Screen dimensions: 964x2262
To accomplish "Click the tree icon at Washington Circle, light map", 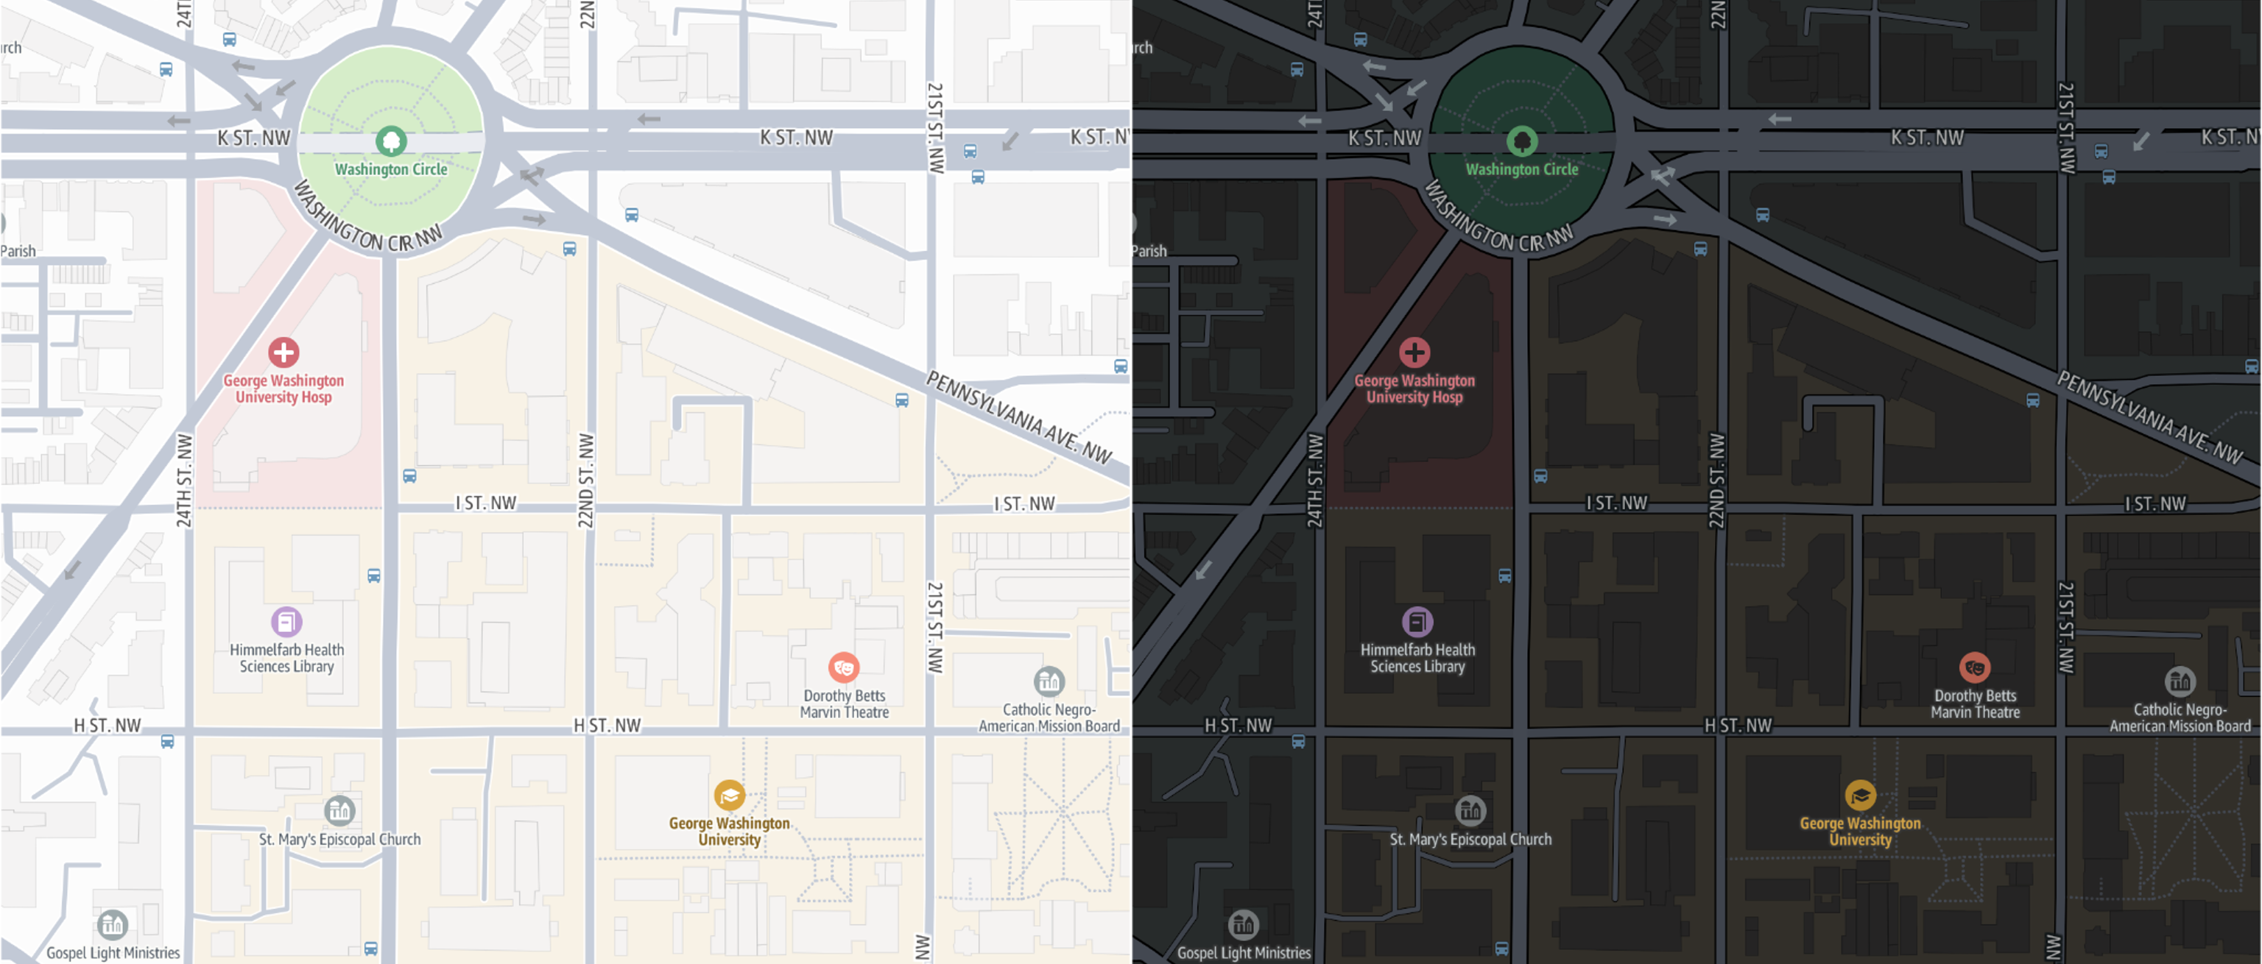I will pyautogui.click(x=391, y=141).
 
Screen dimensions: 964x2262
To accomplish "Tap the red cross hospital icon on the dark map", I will pyautogui.click(x=1414, y=352).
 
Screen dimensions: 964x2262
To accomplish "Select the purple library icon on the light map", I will pyautogui.click(x=286, y=622).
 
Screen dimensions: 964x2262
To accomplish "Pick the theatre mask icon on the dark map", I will pyautogui.click(x=1974, y=667).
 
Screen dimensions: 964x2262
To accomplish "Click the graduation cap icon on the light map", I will pyautogui.click(x=729, y=795).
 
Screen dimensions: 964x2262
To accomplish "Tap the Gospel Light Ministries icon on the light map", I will pyautogui.click(x=113, y=924).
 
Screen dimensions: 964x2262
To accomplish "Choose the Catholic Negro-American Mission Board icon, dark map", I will pyautogui.click(x=2180, y=681).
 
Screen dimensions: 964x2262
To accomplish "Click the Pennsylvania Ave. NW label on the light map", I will pyautogui.click(x=1018, y=417).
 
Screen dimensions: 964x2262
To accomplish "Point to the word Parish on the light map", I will pyautogui.click(x=18, y=251).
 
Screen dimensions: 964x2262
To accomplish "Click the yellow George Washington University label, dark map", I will pyautogui.click(x=1860, y=831).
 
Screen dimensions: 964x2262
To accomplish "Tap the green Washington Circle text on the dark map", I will pyautogui.click(x=1522, y=169).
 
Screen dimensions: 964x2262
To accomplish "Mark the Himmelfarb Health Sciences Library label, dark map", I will pyautogui.click(x=1417, y=658).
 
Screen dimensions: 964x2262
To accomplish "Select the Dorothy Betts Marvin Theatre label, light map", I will pyautogui.click(x=844, y=703).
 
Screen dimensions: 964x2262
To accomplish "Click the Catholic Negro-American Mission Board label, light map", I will pyautogui.click(x=1049, y=717).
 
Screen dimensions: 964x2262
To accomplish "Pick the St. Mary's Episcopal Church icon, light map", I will pyautogui.click(x=339, y=810).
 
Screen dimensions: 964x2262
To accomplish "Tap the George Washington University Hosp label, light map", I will pyautogui.click(x=283, y=388).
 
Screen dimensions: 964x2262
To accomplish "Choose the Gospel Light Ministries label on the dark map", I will pyautogui.click(x=1244, y=952).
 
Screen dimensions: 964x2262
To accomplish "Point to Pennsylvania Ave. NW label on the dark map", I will pyautogui.click(x=2149, y=417).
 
